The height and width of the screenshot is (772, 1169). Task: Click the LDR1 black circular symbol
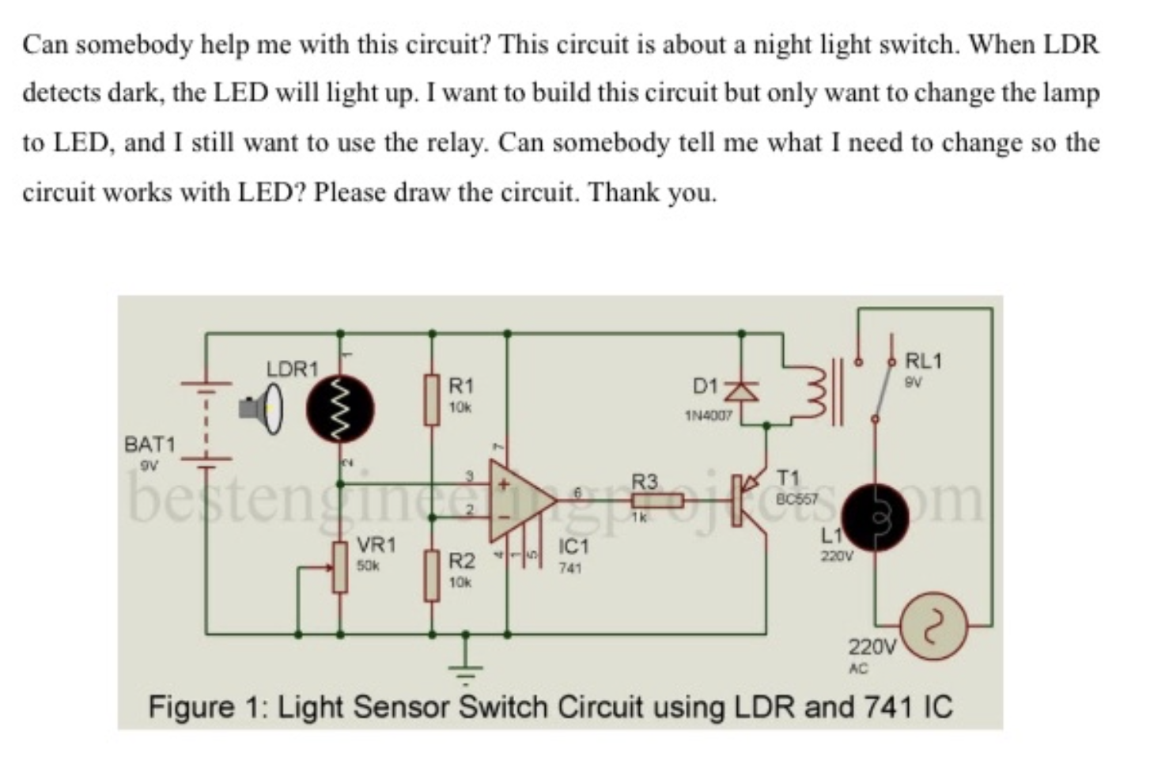(341, 409)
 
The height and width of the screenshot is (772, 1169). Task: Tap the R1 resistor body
(431, 400)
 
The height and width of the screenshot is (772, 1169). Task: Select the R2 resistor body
(431, 576)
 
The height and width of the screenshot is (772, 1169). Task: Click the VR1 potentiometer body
(340, 567)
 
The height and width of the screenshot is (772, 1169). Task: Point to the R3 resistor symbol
(656, 500)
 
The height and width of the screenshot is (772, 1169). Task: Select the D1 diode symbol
(742, 389)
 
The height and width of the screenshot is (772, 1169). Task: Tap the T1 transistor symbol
(747, 500)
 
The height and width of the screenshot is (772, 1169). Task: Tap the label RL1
(923, 361)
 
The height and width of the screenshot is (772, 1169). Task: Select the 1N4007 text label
(708, 414)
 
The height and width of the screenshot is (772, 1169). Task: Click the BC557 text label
(796, 499)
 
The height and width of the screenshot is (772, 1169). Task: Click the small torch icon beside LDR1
(261, 409)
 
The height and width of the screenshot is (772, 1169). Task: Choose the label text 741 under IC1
(570, 568)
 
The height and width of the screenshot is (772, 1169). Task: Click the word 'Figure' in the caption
(191, 706)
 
